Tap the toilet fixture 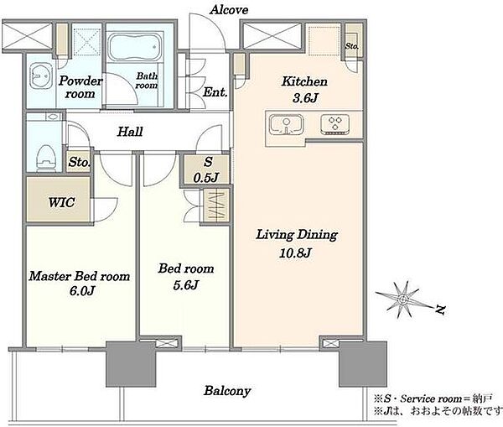click(x=46, y=158)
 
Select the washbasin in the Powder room click(x=41, y=76)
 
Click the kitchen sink click(x=286, y=124)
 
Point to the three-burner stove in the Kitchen click(x=334, y=124)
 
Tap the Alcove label click(x=229, y=9)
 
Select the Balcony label click(x=227, y=391)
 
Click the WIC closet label click(x=61, y=202)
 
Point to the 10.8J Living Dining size click(x=295, y=253)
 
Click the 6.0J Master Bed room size click(x=82, y=291)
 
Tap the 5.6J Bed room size click(x=186, y=284)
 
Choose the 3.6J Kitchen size click(x=305, y=97)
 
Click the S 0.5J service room click(x=206, y=169)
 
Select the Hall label click(x=130, y=132)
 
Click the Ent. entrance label click(x=215, y=92)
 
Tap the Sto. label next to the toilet click(x=79, y=162)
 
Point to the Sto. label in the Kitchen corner click(x=352, y=46)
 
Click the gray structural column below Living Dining click(x=363, y=364)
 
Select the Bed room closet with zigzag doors click(x=215, y=206)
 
